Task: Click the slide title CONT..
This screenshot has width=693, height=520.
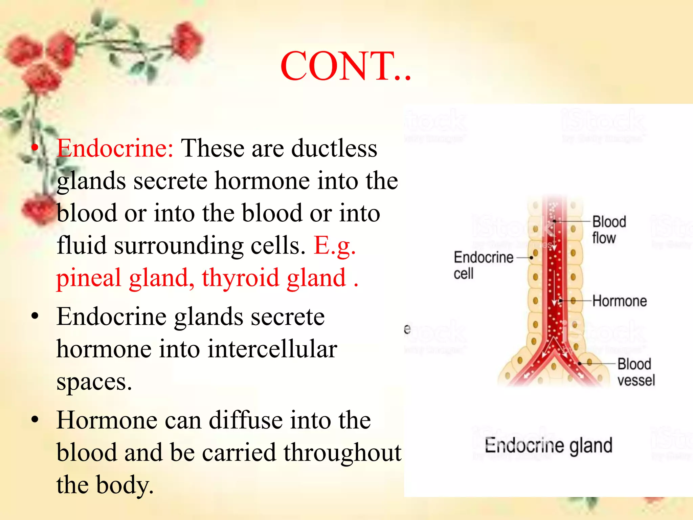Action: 345,66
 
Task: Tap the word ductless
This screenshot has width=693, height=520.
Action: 334,148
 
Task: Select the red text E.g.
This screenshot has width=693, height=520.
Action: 335,245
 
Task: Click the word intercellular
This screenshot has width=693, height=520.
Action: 272,349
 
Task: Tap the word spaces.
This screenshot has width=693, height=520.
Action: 94,382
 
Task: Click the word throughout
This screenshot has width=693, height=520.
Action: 342,453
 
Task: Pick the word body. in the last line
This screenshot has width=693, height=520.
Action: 125,485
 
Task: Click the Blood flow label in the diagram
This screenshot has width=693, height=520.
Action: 608,230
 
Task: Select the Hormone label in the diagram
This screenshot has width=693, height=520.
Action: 619,301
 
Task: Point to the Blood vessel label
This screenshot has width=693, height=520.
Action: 636,372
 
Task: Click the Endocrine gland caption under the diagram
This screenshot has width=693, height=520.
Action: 548,445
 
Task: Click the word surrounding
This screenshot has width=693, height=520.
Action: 178,245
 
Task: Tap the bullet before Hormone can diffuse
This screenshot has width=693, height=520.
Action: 35,420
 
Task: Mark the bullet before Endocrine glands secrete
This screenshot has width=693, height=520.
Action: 35,316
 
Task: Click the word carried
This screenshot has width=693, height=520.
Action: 239,452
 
